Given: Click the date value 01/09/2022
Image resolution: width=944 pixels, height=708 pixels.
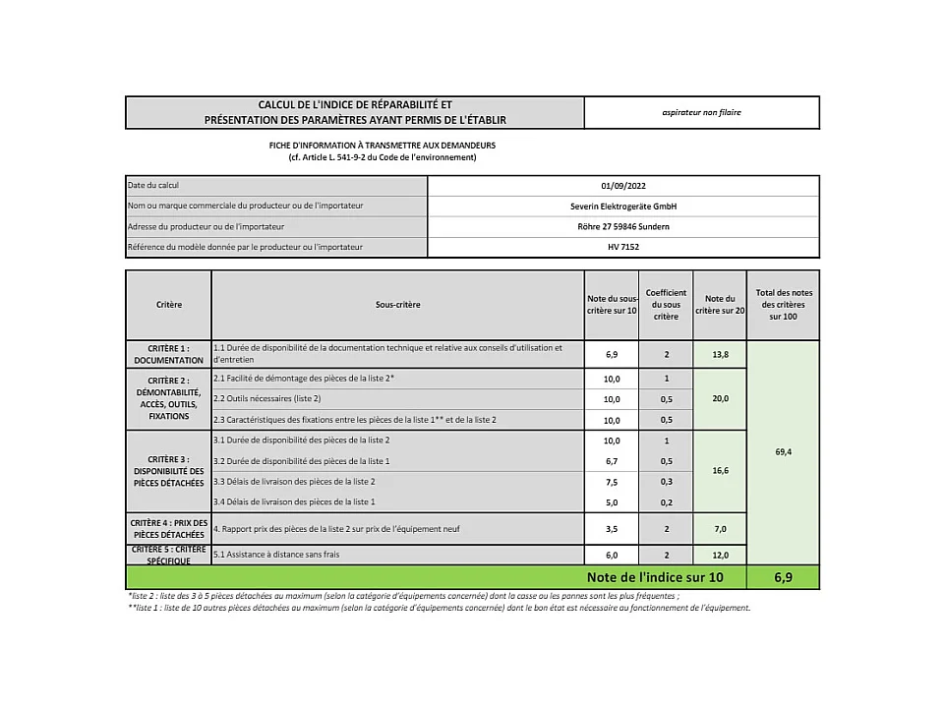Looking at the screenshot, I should pyautogui.click(x=623, y=186).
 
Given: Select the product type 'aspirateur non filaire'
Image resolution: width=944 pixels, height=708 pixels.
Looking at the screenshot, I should pyautogui.click(x=701, y=112).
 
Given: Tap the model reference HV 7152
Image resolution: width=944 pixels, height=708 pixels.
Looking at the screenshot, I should pyautogui.click(x=623, y=247).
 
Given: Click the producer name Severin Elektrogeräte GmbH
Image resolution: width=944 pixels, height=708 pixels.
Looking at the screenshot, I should pyautogui.click(x=623, y=206).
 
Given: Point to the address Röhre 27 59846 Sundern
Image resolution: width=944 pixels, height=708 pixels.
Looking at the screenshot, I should pyautogui.click(x=623, y=226).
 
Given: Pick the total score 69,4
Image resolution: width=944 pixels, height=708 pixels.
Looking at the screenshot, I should pyautogui.click(x=783, y=451).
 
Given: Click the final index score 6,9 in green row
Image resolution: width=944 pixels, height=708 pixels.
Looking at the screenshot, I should pyautogui.click(x=783, y=577).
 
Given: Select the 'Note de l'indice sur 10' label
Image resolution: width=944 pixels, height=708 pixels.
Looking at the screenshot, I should pyautogui.click(x=655, y=577).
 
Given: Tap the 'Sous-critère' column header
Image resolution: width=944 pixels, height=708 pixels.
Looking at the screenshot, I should pyautogui.click(x=397, y=305).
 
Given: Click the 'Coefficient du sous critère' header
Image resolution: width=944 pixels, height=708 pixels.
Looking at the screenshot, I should pyautogui.click(x=666, y=305).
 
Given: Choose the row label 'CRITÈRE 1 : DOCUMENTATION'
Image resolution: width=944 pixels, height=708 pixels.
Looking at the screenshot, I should pyautogui.click(x=167, y=354).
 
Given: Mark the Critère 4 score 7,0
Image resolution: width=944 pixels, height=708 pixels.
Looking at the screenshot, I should pyautogui.click(x=720, y=529).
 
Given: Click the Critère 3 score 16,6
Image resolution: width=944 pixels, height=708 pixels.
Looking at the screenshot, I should pyautogui.click(x=720, y=471).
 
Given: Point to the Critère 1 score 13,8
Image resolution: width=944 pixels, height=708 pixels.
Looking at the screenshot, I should pyautogui.click(x=720, y=352).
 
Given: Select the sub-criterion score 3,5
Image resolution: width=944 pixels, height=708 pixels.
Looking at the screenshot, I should pyautogui.click(x=612, y=529).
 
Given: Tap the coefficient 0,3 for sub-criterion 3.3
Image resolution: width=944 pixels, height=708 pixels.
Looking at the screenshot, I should pyautogui.click(x=666, y=482).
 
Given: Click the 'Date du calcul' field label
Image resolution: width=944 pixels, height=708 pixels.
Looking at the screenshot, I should pyautogui.click(x=153, y=186).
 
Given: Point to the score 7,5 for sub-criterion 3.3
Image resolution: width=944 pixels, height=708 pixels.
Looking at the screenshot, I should pyautogui.click(x=612, y=482).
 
